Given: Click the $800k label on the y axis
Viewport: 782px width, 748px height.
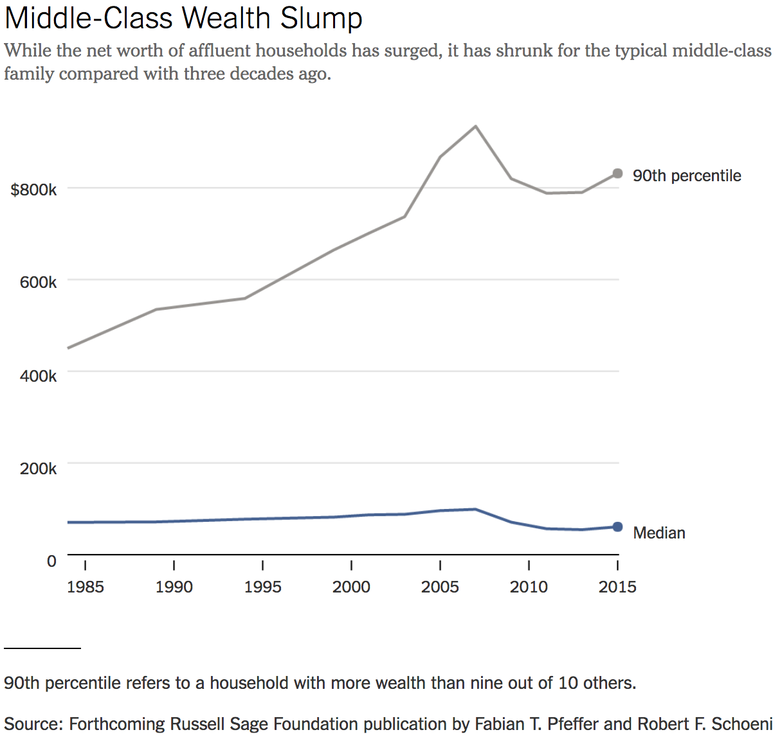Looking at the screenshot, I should (x=33, y=190).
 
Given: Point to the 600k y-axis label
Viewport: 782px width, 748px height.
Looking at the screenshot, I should (x=38, y=282).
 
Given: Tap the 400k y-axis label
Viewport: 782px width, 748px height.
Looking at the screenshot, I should (x=38, y=376).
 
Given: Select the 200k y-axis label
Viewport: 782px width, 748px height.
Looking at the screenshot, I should (x=38, y=468).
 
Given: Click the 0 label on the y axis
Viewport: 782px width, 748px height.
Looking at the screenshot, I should (x=51, y=561).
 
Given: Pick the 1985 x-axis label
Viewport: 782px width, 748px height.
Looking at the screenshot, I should (x=85, y=587).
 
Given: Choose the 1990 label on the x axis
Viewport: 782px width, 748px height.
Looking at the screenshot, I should (x=174, y=587).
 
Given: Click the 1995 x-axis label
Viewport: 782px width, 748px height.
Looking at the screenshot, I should (x=262, y=587).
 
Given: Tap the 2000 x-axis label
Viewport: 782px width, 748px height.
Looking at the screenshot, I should (x=351, y=587).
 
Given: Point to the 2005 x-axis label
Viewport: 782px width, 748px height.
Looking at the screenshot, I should (x=440, y=587).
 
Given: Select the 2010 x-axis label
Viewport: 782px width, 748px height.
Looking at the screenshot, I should (x=529, y=587).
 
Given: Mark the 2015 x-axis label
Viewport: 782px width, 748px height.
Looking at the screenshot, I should (x=617, y=587).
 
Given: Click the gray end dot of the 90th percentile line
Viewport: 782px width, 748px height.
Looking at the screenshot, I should (x=617, y=174).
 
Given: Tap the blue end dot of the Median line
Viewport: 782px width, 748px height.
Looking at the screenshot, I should (x=617, y=527).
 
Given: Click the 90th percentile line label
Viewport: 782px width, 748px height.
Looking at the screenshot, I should (x=687, y=176).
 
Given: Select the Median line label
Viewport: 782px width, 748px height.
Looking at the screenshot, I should (x=659, y=533).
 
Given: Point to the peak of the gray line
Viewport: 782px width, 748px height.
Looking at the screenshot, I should (x=475, y=126).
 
